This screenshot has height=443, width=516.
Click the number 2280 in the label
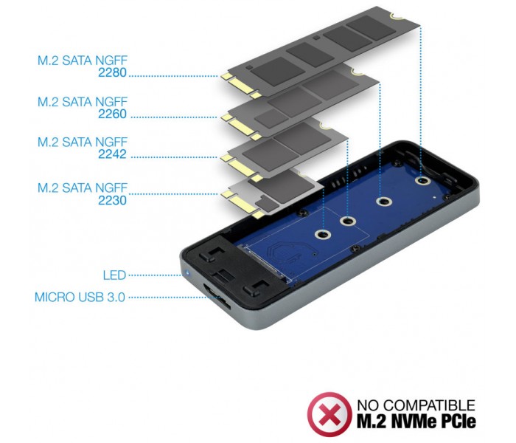point(112,72)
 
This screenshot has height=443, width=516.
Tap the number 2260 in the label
point(112,114)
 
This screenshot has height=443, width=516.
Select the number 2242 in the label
point(112,154)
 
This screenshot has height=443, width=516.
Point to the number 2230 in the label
point(112,200)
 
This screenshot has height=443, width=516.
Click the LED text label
point(114,275)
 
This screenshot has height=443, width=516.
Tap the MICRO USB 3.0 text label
point(80,298)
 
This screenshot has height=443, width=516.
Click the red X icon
point(329,414)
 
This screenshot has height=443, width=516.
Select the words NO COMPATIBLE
point(416,405)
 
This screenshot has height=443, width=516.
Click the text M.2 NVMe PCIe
point(416,422)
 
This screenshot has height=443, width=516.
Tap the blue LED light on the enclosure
point(187,273)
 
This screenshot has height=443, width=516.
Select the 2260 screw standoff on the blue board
point(383,201)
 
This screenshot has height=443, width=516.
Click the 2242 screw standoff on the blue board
point(347,221)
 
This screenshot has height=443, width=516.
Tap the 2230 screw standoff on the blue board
point(323,234)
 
